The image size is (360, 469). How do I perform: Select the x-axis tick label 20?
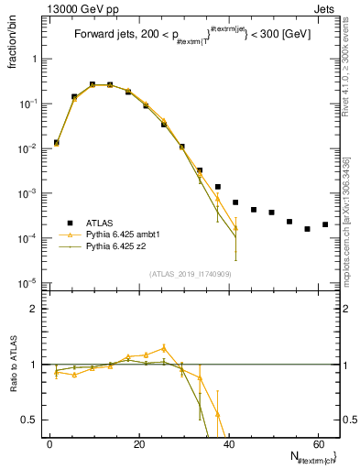click(138, 444)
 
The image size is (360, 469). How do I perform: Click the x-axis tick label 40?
click(227, 444)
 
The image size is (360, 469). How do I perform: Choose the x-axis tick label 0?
click(49, 444)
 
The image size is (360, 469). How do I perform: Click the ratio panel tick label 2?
click(34, 309)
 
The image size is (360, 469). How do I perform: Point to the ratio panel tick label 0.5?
click(30, 420)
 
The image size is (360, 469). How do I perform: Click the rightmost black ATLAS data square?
click(325, 224)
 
